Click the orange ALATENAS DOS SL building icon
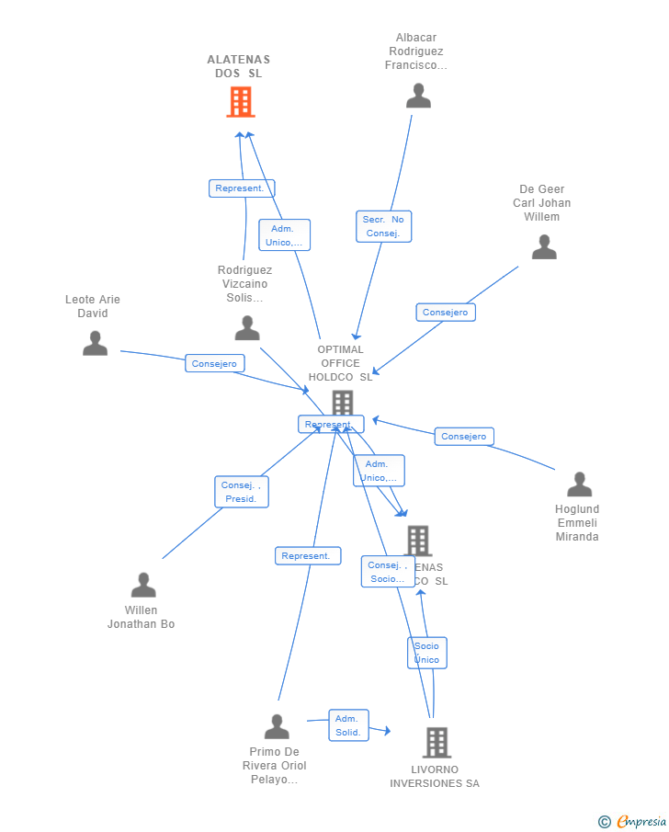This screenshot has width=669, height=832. [x=241, y=102]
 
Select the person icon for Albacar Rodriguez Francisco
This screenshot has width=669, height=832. [x=418, y=96]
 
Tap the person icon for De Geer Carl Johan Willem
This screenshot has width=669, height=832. [x=544, y=247]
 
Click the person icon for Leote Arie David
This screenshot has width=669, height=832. [x=95, y=344]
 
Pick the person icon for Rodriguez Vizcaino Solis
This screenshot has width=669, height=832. [x=247, y=328]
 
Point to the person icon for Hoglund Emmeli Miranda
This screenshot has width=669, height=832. [x=579, y=484]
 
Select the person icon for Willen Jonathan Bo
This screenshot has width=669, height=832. [x=143, y=585]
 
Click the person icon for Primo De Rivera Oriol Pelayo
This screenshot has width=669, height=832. [x=277, y=726]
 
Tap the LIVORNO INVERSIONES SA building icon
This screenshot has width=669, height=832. [x=437, y=742]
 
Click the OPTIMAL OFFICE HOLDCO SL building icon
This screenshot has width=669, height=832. [x=342, y=403]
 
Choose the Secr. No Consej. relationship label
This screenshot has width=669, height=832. [x=383, y=226]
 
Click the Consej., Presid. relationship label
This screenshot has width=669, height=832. [x=242, y=492]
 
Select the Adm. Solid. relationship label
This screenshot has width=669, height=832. [x=348, y=725]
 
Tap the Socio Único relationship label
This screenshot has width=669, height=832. [x=427, y=653]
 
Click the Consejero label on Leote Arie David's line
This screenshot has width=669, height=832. [x=214, y=363]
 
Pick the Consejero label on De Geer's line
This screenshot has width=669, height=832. [x=445, y=313]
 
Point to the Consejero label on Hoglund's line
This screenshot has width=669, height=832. [x=464, y=436]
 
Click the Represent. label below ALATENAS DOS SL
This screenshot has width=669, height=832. [x=241, y=188]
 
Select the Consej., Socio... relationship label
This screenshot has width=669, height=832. [x=387, y=572]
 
